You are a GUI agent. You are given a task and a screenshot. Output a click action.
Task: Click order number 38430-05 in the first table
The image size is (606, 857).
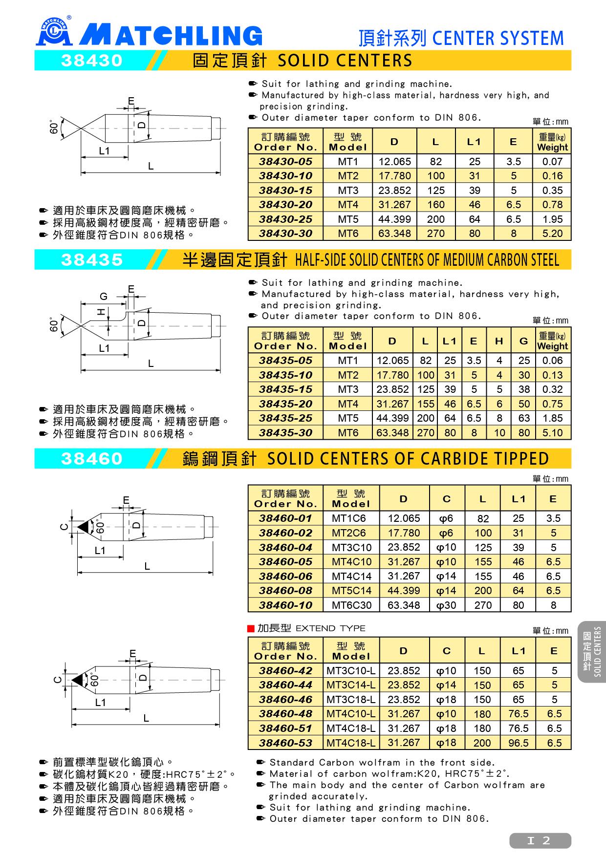click(285, 162)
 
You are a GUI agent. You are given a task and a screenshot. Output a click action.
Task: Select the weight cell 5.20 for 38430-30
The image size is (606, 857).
click(552, 234)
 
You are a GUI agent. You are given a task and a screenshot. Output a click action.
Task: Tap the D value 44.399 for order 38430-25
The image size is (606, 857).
click(394, 219)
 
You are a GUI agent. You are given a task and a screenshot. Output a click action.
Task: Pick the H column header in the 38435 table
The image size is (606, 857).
click(498, 341)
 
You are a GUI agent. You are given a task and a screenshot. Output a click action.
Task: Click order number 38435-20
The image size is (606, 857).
click(285, 404)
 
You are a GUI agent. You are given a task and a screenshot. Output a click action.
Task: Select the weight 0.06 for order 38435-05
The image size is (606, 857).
click(552, 361)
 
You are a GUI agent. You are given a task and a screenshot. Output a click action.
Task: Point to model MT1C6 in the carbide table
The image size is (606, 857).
click(348, 518)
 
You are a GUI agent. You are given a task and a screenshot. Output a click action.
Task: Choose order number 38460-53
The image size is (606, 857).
click(285, 743)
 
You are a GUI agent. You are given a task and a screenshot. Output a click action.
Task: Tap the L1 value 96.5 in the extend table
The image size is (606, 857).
click(518, 743)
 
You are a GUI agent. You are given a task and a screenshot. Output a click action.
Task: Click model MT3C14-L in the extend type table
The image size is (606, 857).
click(350, 685)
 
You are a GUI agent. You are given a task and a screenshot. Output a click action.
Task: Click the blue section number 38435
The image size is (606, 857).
click(92, 260)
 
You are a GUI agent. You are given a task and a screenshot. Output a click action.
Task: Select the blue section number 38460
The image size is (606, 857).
click(92, 459)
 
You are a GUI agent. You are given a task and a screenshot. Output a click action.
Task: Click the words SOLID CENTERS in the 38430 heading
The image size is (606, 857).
click(345, 61)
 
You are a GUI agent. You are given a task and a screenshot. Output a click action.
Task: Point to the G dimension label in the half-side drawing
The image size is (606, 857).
click(103, 297)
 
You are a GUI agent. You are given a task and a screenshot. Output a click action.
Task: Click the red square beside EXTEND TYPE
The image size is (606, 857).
click(251, 628)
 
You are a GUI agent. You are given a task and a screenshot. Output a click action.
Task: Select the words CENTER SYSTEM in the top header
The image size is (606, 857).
click(498, 38)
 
